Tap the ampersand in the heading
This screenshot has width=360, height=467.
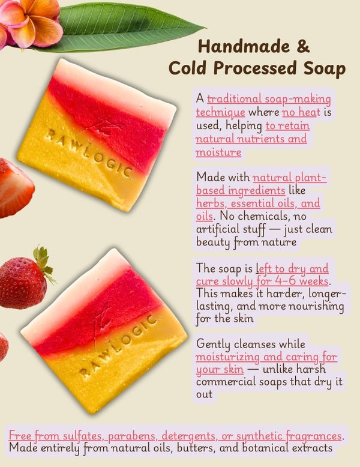pyautogui.click(x=303, y=46)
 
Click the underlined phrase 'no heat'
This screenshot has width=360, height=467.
pyautogui.click(x=301, y=112)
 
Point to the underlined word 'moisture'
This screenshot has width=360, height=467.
pyautogui.click(x=218, y=152)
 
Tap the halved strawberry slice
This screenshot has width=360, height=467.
pyautogui.click(x=16, y=188)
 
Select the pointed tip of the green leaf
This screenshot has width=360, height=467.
pyautogui.click(x=205, y=28)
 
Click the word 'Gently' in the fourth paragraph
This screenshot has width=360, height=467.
pyautogui.click(x=212, y=345)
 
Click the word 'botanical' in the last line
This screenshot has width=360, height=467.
pyautogui.click(x=265, y=447)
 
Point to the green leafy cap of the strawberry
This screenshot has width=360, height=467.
pyautogui.click(x=44, y=260)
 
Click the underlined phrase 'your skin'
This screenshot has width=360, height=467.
pyautogui.click(x=220, y=370)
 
